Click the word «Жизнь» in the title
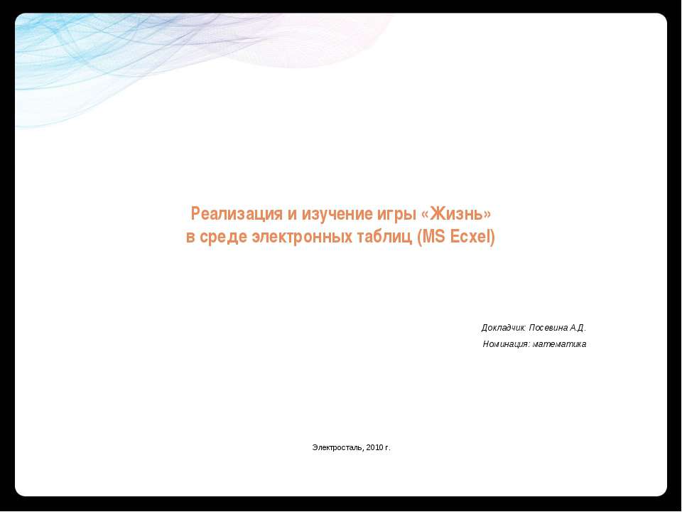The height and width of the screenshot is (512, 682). tap(461, 214)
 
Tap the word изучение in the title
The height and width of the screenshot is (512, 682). tap(334, 214)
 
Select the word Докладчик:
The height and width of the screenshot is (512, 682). tap(504, 328)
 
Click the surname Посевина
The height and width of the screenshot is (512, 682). tap(549, 328)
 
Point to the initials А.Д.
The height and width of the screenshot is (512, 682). tap(578, 328)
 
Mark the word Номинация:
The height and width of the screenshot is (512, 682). tap(506, 344)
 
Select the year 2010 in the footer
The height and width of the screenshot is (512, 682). tap(375, 447)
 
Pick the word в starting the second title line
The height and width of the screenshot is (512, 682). tap(190, 237)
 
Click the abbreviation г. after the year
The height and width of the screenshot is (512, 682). tap(388, 447)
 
